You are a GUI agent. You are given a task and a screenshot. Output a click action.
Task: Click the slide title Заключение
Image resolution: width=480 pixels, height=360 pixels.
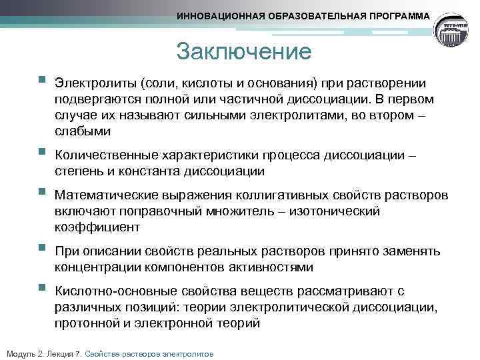click(x=244, y=52)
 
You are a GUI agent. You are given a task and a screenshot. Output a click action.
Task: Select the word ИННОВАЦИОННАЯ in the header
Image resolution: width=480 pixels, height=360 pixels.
click(x=218, y=15)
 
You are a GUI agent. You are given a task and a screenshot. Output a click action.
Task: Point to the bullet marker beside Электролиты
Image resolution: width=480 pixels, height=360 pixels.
click(x=42, y=81)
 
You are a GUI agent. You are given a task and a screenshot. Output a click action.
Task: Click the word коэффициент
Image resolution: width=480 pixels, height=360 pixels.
click(x=98, y=227)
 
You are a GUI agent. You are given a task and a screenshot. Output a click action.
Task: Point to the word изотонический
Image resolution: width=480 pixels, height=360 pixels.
click(x=341, y=211)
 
